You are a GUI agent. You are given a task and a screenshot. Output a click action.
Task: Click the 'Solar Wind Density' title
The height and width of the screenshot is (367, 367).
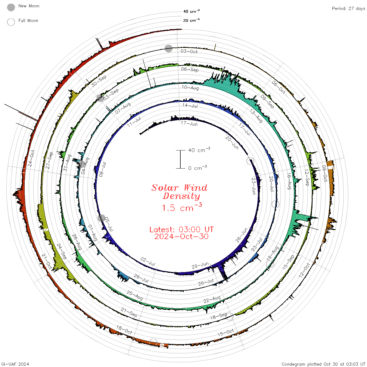[179, 192]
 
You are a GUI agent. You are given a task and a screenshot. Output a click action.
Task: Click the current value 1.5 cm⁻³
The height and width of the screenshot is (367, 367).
[182, 207]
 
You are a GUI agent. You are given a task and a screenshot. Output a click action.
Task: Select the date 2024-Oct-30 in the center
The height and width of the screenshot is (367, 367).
[181, 236]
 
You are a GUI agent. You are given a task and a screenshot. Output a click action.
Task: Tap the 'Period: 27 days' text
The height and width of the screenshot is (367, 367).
[349, 9]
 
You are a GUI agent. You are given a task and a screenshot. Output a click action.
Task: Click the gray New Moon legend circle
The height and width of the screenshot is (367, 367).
[11, 7]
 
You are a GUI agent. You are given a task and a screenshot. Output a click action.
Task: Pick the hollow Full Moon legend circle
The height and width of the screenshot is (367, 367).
[11, 22]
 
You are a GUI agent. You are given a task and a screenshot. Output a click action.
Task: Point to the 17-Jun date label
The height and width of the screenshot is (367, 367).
[189, 124]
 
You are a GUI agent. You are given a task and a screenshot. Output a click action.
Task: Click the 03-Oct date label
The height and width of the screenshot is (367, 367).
[189, 51]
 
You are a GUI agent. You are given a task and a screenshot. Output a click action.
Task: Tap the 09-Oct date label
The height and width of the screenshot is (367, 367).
[325, 173]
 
